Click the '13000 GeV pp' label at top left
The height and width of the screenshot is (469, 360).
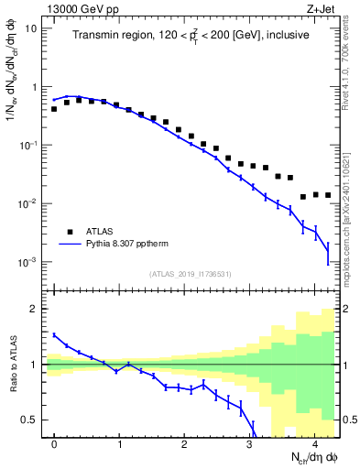coord(78,7)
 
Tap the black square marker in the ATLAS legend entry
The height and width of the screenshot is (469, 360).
coord(69,232)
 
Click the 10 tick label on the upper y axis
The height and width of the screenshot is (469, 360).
coord(29,28)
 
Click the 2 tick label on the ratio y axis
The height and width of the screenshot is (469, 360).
coord(35,309)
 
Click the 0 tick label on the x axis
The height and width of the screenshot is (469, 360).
coord(55,443)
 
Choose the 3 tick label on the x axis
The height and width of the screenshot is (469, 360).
coord(250,443)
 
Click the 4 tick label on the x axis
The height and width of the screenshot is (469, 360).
coord(315,443)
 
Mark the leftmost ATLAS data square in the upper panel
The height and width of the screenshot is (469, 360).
coord(54,109)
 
